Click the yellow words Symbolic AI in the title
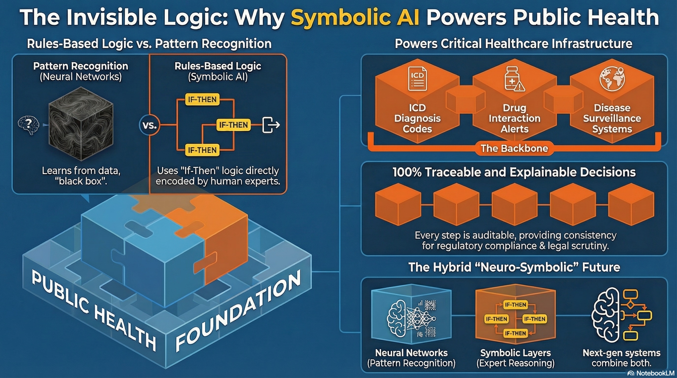click(355, 17)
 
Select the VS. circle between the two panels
click(150, 125)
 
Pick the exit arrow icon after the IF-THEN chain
click(271, 125)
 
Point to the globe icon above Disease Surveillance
click(612, 78)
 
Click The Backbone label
click(514, 149)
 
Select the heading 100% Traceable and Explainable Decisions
click(514, 172)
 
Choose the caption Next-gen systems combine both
click(621, 358)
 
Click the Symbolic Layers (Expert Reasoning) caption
click(515, 358)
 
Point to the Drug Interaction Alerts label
click(514, 118)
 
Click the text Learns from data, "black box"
click(81, 176)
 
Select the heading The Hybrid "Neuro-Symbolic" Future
click(514, 267)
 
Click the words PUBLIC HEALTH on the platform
click(93, 310)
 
